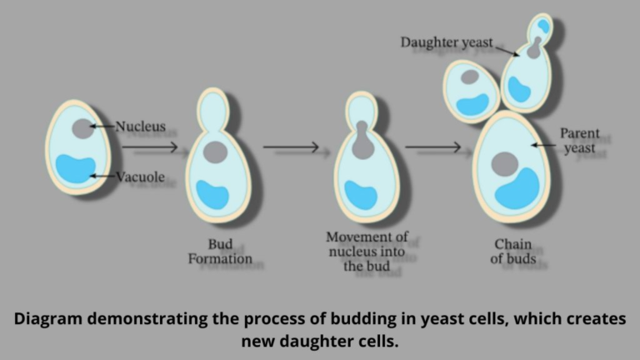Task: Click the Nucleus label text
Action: tap(140, 127)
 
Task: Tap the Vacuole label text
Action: tap(141, 176)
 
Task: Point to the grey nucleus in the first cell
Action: tap(82, 128)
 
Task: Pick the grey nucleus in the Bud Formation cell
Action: tap(215, 152)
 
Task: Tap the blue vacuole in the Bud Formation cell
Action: tap(212, 193)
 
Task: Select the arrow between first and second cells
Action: tap(150, 147)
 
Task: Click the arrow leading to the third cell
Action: tap(291, 147)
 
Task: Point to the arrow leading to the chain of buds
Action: tap(432, 147)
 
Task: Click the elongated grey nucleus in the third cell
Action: tap(362, 142)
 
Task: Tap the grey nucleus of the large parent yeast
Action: tap(504, 163)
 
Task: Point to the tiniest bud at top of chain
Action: tap(542, 26)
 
